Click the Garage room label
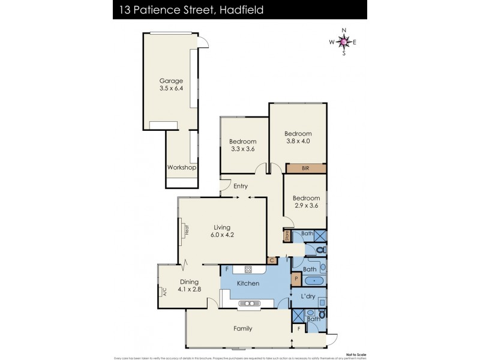tap(170, 81)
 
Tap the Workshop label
tap(181, 167)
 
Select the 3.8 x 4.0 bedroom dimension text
tap(298, 142)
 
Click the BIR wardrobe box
tap(305, 169)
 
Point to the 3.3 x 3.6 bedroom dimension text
tap(242, 149)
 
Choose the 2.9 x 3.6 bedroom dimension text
tap(305, 206)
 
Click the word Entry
tap(240, 186)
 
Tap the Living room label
tap(222, 227)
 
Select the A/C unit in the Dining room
tap(163, 292)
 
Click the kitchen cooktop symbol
tap(245, 269)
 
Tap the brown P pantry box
tap(295, 278)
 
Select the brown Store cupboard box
tap(286, 236)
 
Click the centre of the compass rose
tap(343, 41)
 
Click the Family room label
tap(243, 328)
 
